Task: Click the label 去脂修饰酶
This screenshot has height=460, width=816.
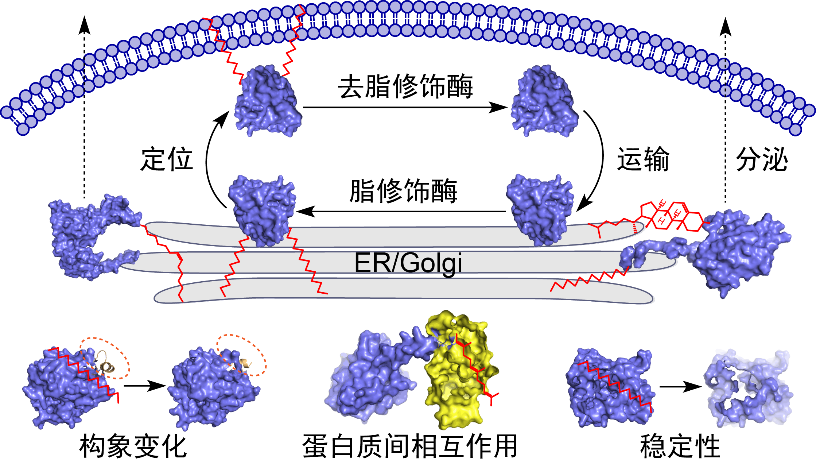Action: tap(405, 86)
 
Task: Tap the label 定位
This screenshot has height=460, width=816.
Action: tap(167, 159)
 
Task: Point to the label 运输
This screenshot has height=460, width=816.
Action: tap(643, 159)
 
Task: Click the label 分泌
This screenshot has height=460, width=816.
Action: tap(762, 159)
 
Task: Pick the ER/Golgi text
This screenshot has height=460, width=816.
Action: tap(408, 263)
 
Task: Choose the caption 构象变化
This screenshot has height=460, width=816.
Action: tap(133, 446)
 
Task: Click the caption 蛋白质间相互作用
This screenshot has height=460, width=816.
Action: tap(409, 446)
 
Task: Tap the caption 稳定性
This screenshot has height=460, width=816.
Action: tap(680, 446)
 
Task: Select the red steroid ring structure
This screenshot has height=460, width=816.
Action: tap(671, 217)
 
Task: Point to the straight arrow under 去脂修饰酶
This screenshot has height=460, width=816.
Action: tap(405, 108)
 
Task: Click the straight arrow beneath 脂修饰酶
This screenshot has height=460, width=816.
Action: tap(401, 211)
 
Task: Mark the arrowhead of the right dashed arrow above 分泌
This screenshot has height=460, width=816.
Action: tap(725, 26)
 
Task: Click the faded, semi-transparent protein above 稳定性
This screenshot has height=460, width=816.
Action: tap(747, 390)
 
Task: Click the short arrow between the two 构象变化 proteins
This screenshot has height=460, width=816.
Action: tap(145, 386)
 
